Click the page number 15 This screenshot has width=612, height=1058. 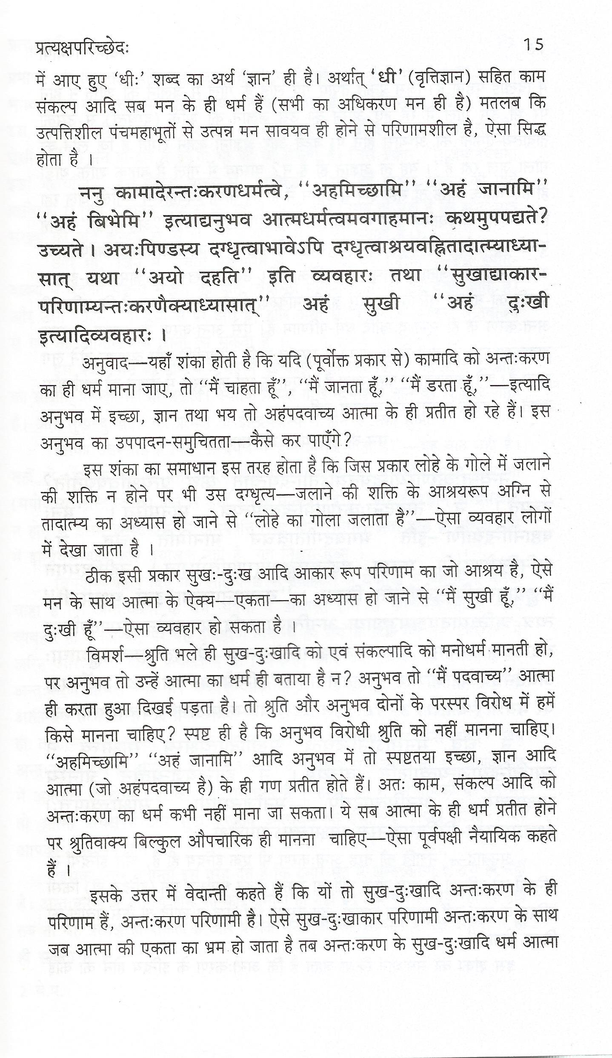533,44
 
